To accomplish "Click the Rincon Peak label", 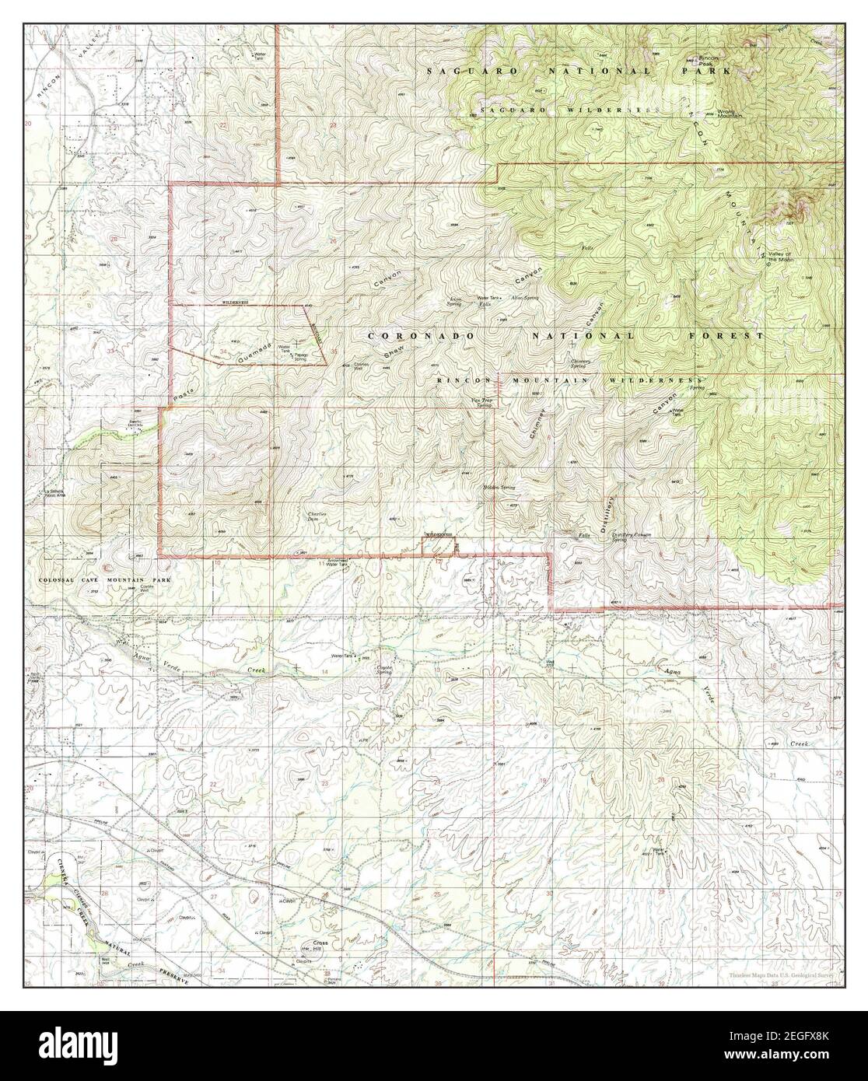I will pos(708,61).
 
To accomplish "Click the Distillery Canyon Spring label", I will pos(630,537).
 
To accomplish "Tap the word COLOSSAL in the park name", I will pos(62,580).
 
